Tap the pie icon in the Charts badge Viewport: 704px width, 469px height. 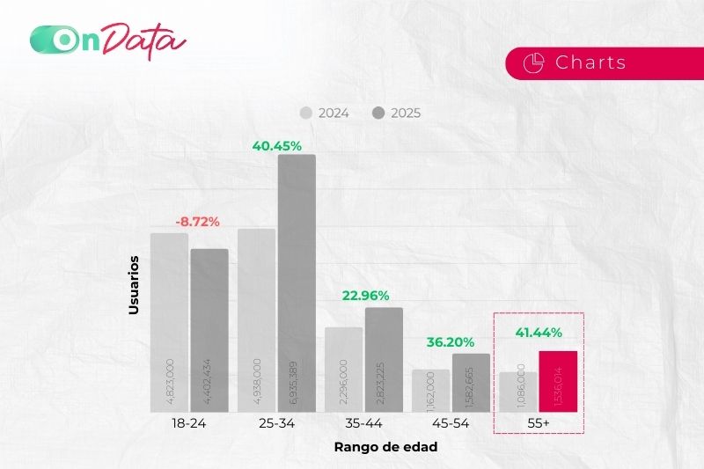(x=532, y=62)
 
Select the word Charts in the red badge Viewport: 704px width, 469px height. (x=590, y=62)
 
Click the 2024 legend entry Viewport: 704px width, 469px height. (x=326, y=113)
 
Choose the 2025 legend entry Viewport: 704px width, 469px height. (x=397, y=113)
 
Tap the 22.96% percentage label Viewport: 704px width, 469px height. (x=365, y=294)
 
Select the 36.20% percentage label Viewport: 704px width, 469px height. (x=451, y=341)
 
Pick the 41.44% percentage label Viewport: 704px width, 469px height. (x=539, y=333)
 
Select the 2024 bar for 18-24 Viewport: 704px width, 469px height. (x=169, y=322)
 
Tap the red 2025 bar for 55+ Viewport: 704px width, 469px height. (x=558, y=381)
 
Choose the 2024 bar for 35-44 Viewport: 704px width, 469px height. (x=343, y=370)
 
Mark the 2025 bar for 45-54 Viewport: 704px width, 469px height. (x=471, y=383)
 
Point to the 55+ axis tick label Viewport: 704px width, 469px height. (x=539, y=423)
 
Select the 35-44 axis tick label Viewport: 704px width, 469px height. (x=363, y=423)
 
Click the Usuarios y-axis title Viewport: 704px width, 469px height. (x=135, y=285)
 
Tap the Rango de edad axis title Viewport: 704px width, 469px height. (x=385, y=447)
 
